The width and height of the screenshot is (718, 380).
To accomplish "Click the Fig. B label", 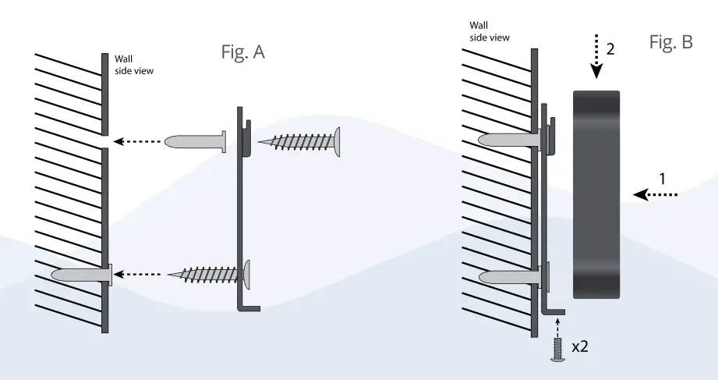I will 670,43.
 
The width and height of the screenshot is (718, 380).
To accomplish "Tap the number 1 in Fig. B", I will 662,178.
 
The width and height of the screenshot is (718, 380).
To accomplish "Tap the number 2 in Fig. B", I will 610,48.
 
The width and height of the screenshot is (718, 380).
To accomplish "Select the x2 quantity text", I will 579,346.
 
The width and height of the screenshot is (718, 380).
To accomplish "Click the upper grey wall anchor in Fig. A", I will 195,141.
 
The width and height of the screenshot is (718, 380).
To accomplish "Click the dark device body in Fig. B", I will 596,195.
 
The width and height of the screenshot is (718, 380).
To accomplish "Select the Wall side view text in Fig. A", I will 134,64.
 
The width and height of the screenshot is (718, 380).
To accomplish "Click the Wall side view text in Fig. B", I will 489,30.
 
